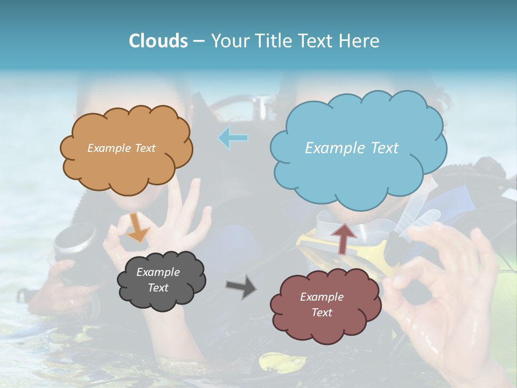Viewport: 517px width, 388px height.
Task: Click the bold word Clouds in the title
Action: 158,41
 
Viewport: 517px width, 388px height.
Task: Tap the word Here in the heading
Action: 359,41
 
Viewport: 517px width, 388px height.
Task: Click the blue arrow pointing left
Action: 233,138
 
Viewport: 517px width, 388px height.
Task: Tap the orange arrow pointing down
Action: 138,227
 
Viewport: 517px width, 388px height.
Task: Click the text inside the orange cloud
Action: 121,148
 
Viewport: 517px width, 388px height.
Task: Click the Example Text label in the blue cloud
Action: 352,148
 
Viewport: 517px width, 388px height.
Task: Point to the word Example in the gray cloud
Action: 158,272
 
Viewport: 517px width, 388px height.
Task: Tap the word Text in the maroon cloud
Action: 322,313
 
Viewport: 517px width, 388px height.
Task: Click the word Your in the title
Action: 226,41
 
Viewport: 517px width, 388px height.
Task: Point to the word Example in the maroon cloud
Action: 322,297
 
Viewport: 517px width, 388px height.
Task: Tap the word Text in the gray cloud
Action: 158,288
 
